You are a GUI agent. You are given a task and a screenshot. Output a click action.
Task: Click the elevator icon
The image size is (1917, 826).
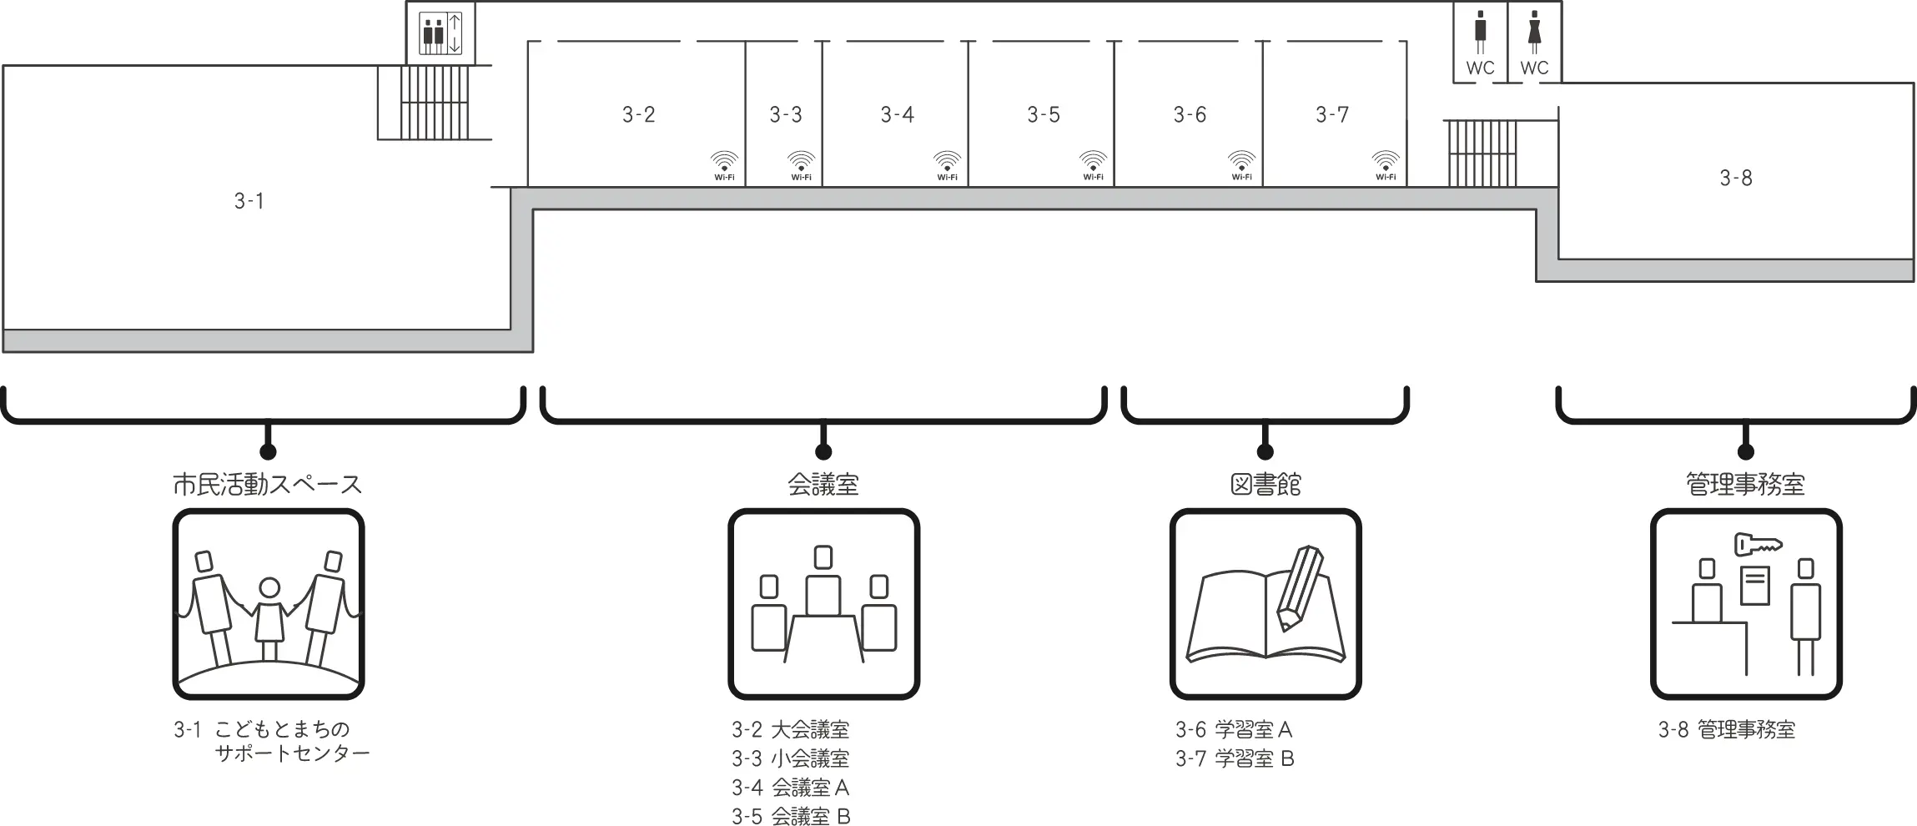click(x=440, y=33)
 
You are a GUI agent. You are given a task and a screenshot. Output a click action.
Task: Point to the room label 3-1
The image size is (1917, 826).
click(x=249, y=201)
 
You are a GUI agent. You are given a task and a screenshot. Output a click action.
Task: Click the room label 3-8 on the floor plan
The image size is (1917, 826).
click(x=1735, y=178)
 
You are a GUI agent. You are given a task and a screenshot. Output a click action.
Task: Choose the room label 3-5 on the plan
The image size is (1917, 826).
click(x=1043, y=114)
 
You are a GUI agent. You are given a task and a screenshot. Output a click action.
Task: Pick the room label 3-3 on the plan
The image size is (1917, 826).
click(x=785, y=114)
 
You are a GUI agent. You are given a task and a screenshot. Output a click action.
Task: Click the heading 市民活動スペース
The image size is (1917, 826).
click(x=267, y=485)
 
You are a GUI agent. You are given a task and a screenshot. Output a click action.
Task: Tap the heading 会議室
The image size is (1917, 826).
click(x=823, y=485)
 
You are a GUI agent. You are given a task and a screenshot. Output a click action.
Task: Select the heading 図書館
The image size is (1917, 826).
click(x=1265, y=485)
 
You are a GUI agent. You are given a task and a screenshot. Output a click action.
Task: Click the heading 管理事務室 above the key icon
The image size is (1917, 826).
click(x=1745, y=485)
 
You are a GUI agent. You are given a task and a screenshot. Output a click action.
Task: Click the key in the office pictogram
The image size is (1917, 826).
click(x=1758, y=545)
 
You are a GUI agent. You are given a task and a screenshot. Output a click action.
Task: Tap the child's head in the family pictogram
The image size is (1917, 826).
click(x=269, y=588)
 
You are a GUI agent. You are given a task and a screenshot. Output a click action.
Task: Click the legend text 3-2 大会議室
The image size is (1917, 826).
click(x=790, y=730)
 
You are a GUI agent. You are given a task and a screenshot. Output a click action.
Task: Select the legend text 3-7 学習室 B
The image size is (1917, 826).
click(x=1235, y=758)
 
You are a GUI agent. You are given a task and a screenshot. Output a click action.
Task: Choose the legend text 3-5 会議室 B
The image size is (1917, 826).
click(x=791, y=816)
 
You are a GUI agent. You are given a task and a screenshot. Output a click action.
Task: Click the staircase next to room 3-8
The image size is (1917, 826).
click(x=1481, y=154)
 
